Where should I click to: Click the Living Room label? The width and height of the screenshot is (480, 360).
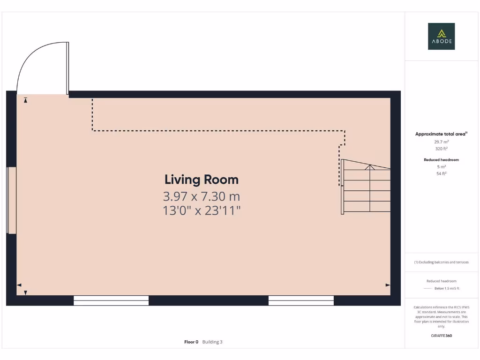[202, 180]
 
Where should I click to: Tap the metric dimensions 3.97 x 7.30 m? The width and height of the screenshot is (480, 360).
[202, 195]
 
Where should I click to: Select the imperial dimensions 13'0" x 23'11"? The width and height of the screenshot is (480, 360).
[202, 211]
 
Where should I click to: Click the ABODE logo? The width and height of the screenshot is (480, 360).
[441, 36]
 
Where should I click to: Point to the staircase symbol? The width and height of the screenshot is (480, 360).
[366, 187]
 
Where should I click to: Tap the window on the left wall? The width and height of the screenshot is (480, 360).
[12, 200]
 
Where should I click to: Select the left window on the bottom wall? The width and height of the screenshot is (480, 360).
[111, 300]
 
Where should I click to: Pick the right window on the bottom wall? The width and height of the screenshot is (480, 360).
[301, 300]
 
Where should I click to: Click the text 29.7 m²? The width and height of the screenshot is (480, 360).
[441, 141]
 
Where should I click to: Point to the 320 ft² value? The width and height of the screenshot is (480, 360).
[441, 149]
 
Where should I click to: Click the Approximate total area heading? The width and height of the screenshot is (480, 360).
[441, 134]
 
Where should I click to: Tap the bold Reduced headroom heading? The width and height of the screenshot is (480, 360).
[441, 160]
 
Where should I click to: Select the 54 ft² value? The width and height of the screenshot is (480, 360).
[441, 174]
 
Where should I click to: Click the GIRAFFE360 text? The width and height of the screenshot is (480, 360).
[441, 336]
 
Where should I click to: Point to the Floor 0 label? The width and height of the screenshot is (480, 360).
[191, 342]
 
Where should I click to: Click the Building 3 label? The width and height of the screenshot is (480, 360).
[212, 342]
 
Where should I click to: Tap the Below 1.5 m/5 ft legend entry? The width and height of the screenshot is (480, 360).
[447, 288]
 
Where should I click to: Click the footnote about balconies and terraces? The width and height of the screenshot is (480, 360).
[441, 262]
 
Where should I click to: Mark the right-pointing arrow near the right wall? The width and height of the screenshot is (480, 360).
[388, 285]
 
